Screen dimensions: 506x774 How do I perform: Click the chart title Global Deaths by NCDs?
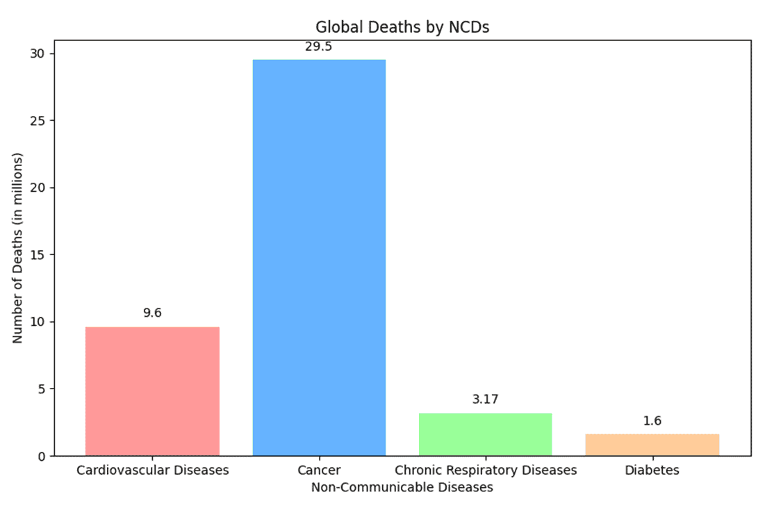[x=403, y=28]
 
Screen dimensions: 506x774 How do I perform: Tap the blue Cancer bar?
[x=319, y=257]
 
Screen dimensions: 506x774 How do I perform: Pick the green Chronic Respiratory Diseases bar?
[x=486, y=434]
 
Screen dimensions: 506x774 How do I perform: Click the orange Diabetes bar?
[x=652, y=445]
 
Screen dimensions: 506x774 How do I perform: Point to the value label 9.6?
[x=152, y=313]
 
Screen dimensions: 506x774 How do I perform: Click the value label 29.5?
[x=319, y=47]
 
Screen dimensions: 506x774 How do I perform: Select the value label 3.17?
[x=486, y=399]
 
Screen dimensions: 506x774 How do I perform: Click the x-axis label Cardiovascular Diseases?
[x=152, y=471]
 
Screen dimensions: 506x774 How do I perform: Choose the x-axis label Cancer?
[x=319, y=471]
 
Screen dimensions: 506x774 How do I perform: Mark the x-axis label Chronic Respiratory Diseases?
[x=486, y=471]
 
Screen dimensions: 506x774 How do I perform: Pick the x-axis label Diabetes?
[x=652, y=471]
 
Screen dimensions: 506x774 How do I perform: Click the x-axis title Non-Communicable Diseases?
[x=402, y=487]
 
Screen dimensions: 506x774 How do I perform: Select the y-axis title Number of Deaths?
[x=19, y=247]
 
